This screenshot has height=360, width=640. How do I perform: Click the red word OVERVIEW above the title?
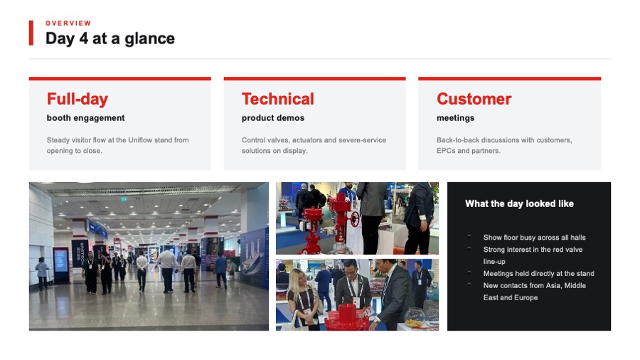tap(68, 23)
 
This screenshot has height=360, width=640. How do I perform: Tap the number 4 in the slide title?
tap(83, 38)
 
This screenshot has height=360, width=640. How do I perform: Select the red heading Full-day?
tap(78, 99)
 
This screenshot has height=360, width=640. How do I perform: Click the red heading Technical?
tap(278, 99)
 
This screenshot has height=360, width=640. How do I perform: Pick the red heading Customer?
tap(474, 99)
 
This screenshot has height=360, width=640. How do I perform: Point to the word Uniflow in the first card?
tap(140, 140)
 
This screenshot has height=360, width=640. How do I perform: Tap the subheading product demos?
tap(272, 118)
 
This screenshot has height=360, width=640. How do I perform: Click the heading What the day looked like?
tap(519, 203)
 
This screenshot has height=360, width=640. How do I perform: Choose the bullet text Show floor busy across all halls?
tap(534, 238)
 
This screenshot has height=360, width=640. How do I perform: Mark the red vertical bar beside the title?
tap(31, 33)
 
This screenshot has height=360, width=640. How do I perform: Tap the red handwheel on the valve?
tap(355, 219)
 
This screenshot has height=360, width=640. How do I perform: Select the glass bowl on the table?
tap(415, 318)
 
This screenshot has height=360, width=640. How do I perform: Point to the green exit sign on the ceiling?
tap(124, 200)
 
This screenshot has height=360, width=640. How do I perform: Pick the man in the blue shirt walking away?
tap(221, 270)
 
